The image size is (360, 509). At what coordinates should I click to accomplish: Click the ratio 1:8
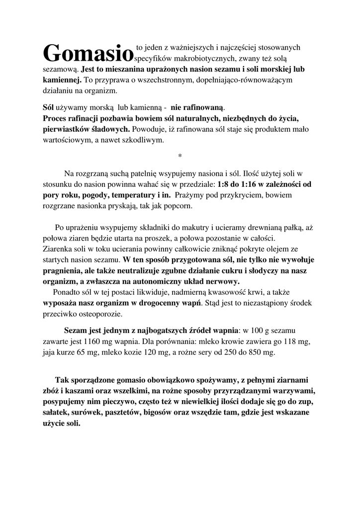[x=224, y=184]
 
